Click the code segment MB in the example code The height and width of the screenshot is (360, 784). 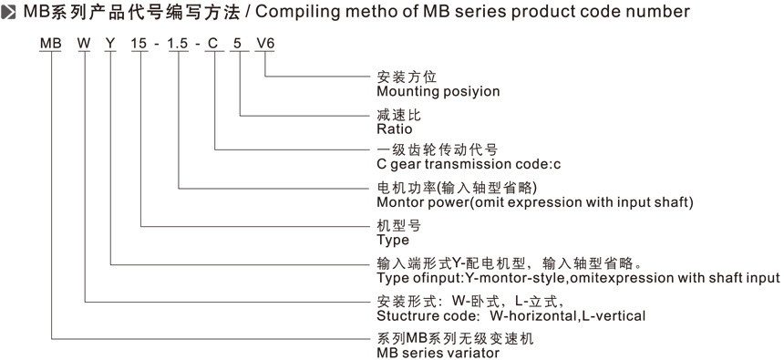pos(50,44)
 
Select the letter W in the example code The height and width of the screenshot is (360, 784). pos(84,44)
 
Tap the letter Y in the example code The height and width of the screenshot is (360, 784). pos(110,44)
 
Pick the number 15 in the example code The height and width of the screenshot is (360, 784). pos(139,44)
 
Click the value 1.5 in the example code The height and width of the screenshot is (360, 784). pos(178,44)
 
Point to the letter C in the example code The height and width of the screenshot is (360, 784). pos(213,44)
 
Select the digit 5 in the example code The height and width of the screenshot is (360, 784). pos(238,44)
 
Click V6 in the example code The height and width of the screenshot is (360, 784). pos(265,44)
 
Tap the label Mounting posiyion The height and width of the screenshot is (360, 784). pos(438,91)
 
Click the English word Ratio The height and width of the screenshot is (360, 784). pos(395,129)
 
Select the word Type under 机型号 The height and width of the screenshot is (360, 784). pos(393,241)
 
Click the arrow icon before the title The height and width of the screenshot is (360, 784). pos(8,13)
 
